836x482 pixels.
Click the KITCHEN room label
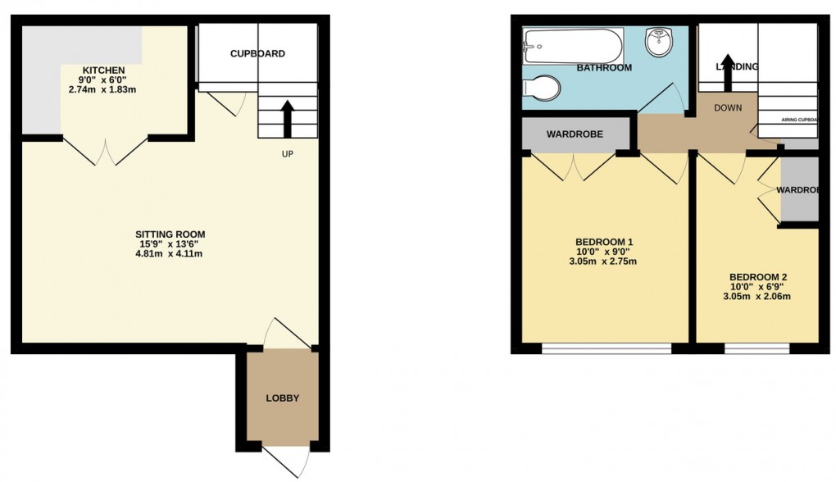coord(103,70)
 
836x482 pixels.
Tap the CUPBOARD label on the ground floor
coord(257,54)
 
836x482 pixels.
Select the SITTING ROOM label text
coord(169,234)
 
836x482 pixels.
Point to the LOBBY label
coord(282,398)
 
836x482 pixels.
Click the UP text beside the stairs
coord(287,154)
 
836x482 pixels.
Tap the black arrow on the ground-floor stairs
coord(287,118)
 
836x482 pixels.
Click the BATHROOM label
coord(604,68)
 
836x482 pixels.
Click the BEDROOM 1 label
coord(604,241)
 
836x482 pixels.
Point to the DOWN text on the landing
coord(728,107)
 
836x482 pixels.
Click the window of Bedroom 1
coord(607,348)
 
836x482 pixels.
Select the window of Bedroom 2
coord(756,348)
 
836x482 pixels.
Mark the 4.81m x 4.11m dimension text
coord(169,253)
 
